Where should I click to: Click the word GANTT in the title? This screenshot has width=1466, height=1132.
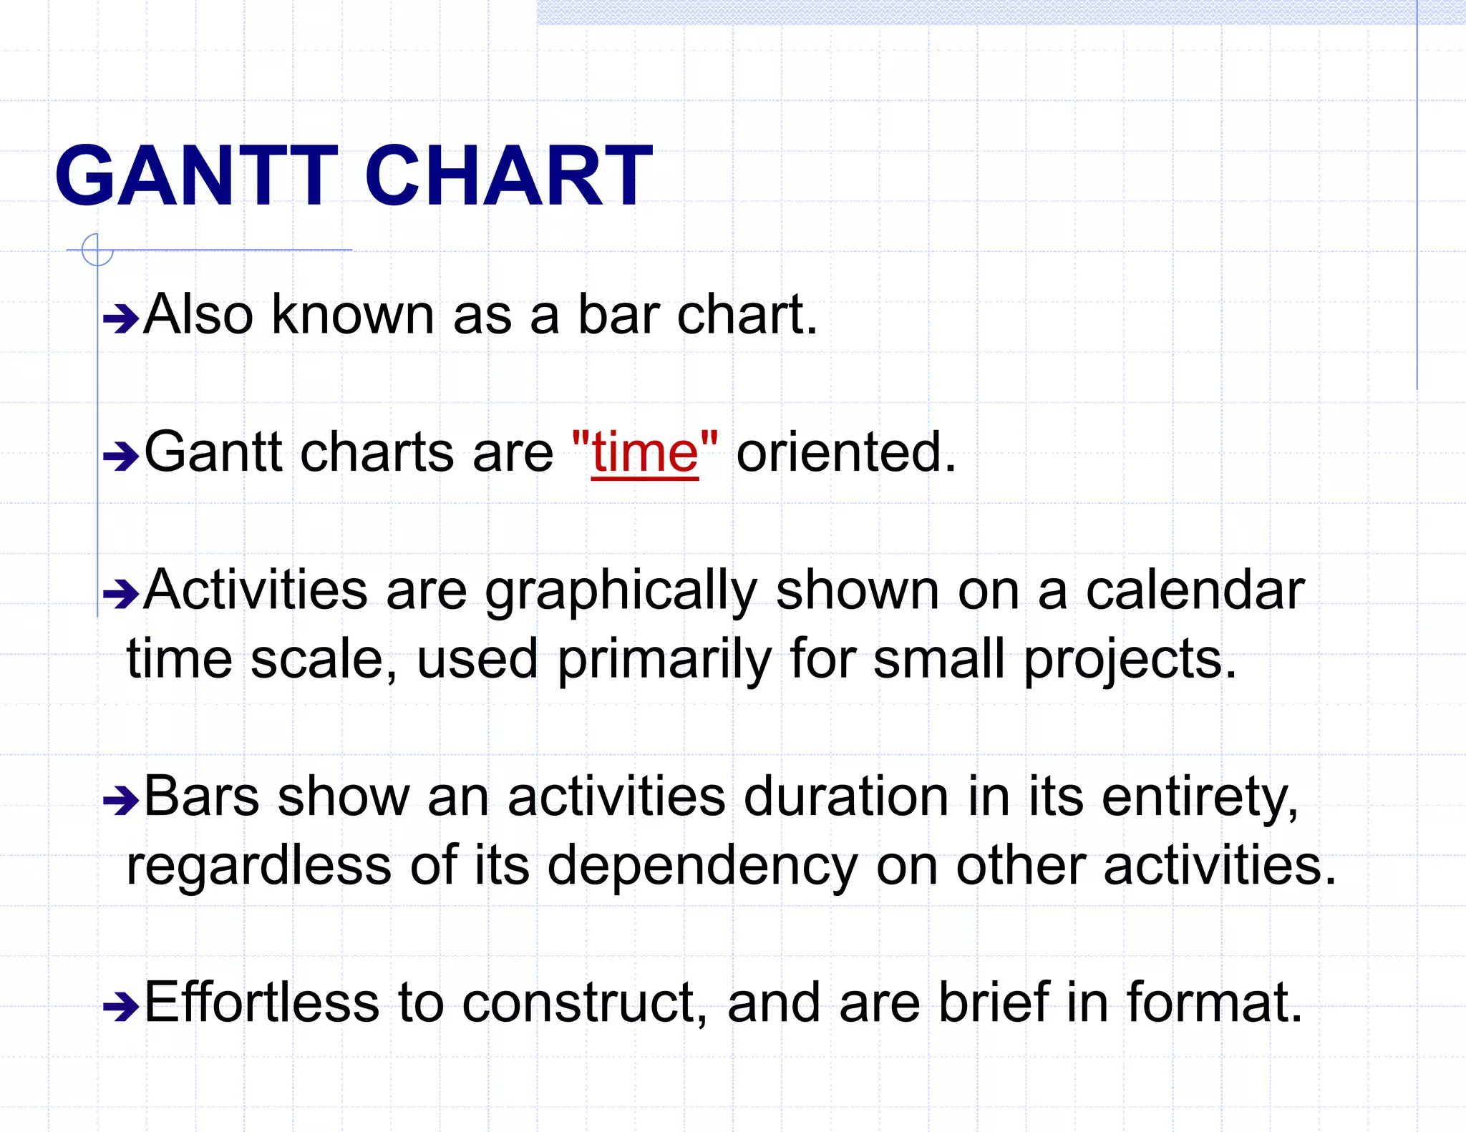pyautogui.click(x=195, y=176)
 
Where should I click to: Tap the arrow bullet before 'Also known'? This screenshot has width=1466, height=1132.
pyautogui.click(x=120, y=318)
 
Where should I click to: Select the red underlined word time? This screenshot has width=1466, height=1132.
pyautogui.click(x=645, y=454)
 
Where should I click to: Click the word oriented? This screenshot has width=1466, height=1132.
pyautogui.click(x=845, y=452)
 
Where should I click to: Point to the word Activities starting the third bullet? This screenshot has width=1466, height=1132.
pyautogui.click(x=256, y=590)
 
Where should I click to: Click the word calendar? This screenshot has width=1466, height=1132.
pyautogui.click(x=1195, y=590)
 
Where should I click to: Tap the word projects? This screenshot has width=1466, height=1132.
pyautogui.click(x=1129, y=660)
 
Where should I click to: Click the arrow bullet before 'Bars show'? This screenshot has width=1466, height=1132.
pyautogui.click(x=120, y=801)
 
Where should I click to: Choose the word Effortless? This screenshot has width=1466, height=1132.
pyautogui.click(x=261, y=1002)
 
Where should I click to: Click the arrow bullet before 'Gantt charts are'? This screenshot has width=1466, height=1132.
pyautogui.click(x=120, y=456)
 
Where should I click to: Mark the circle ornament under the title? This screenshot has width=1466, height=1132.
pyautogui.click(x=97, y=250)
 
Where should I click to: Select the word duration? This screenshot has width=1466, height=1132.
pyautogui.click(x=846, y=797)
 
